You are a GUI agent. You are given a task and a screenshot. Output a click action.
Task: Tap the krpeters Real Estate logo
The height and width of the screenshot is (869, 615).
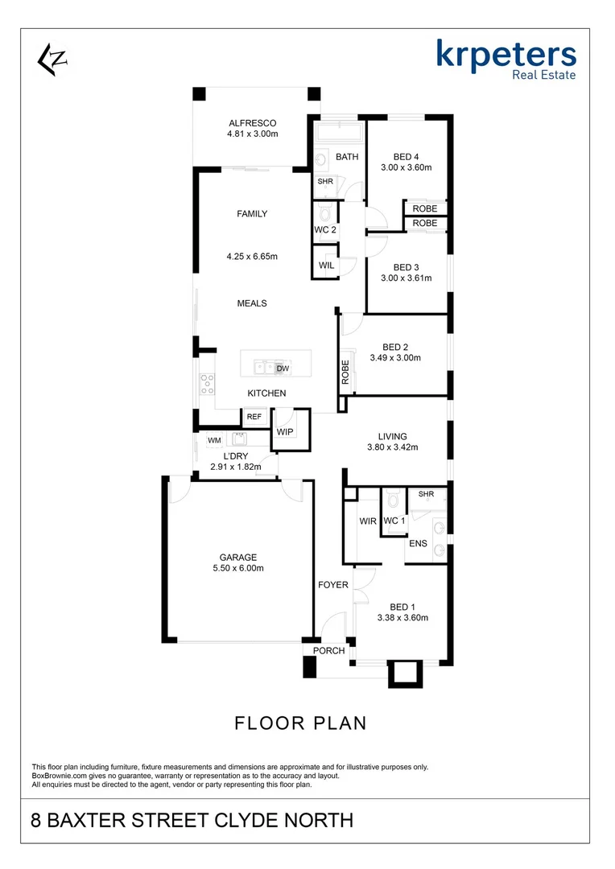(506, 60)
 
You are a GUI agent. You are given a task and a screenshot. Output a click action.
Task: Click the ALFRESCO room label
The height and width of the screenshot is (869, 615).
(252, 123)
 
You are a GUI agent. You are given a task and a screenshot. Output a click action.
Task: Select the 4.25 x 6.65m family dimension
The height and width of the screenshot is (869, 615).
(252, 257)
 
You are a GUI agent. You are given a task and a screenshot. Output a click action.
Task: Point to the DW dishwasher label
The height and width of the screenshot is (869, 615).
(282, 369)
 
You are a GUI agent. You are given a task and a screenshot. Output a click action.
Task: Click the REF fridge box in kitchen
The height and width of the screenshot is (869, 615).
(254, 417)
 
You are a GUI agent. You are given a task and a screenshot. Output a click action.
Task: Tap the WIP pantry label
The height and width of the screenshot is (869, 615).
(285, 432)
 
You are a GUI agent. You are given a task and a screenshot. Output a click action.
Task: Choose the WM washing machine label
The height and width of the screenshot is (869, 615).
(214, 440)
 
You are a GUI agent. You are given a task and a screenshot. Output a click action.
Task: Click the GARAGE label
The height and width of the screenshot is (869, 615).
(238, 557)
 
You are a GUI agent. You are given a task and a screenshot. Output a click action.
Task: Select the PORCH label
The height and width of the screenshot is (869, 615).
(328, 650)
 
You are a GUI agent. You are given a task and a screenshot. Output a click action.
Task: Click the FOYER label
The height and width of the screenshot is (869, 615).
(332, 585)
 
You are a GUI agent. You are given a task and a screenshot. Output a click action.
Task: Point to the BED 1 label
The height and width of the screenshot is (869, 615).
(402, 607)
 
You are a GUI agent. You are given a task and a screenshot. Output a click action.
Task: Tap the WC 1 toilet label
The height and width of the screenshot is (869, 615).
(394, 521)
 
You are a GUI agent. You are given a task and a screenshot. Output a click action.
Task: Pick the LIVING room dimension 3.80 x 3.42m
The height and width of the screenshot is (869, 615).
(393, 447)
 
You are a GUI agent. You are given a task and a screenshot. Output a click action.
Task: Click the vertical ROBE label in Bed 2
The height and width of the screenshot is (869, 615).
(345, 372)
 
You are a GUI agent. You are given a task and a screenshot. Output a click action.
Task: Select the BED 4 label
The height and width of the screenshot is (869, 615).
(406, 157)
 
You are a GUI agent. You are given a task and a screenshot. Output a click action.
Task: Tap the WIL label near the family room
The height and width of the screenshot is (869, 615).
(326, 265)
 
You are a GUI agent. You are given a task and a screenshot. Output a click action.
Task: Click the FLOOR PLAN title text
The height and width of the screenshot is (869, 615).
(300, 723)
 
